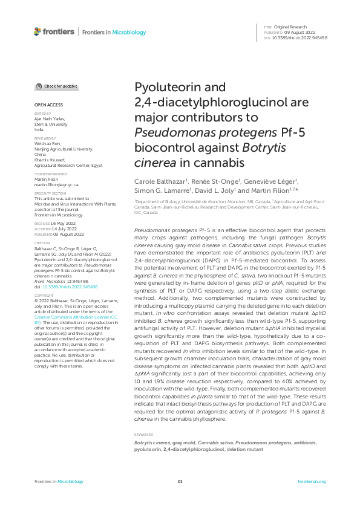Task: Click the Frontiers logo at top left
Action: click(x=54, y=31)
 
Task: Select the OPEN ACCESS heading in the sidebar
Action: click(x=46, y=105)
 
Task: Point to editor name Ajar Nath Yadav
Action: click(x=50, y=119)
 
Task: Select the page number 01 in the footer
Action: click(x=180, y=481)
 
